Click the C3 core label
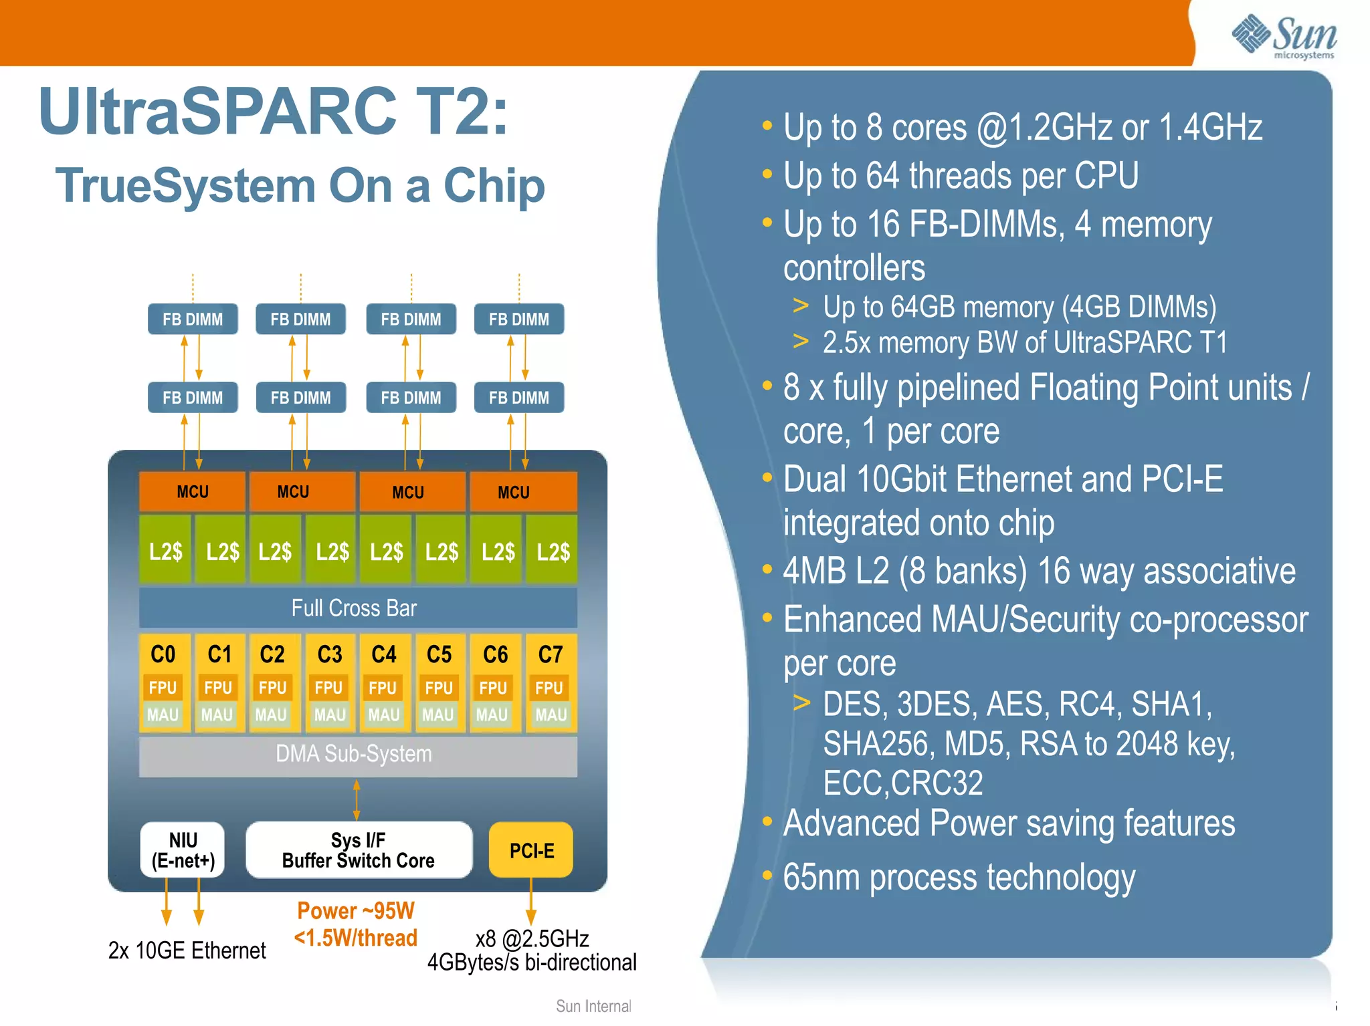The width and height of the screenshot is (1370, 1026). point(329,654)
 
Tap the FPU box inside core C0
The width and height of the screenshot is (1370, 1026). point(163,688)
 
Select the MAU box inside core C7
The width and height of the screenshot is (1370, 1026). point(551,715)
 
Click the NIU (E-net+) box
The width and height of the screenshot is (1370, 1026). point(183,850)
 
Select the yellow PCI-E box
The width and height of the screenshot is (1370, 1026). point(531,850)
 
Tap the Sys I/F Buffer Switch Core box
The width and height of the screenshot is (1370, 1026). point(359,850)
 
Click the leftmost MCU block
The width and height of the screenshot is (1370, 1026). point(192,492)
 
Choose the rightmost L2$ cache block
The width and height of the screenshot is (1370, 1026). point(553,552)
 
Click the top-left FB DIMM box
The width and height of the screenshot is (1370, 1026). point(193,319)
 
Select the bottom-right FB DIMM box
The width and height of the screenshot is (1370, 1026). point(518,398)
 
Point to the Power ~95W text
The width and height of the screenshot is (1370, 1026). point(356,911)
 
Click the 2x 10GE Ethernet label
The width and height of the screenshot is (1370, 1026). point(187,950)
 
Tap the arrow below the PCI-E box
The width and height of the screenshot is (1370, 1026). point(531,902)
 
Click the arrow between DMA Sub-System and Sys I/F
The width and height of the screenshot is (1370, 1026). point(357,799)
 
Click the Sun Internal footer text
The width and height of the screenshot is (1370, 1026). point(593,1006)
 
